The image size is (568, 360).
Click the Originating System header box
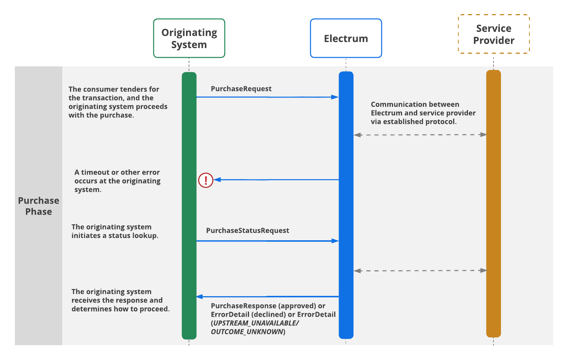point(189,38)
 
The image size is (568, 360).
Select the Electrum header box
point(346,38)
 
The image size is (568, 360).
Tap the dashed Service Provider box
point(494,34)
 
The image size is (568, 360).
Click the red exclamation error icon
point(206,180)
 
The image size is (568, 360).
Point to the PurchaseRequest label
point(241,89)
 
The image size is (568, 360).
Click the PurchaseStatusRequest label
point(248,231)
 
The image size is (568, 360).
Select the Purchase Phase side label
point(39,206)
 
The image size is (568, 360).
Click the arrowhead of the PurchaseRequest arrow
point(335,97)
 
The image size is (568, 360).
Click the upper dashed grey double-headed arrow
point(420,135)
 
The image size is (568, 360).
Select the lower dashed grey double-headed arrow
point(420,271)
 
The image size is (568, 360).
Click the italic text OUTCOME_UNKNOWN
point(247,332)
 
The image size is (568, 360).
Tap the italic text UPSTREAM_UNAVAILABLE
point(256,323)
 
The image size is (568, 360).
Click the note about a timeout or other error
point(117,181)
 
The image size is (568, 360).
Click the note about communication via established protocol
point(423,113)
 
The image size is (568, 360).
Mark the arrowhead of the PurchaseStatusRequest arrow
point(335,241)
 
